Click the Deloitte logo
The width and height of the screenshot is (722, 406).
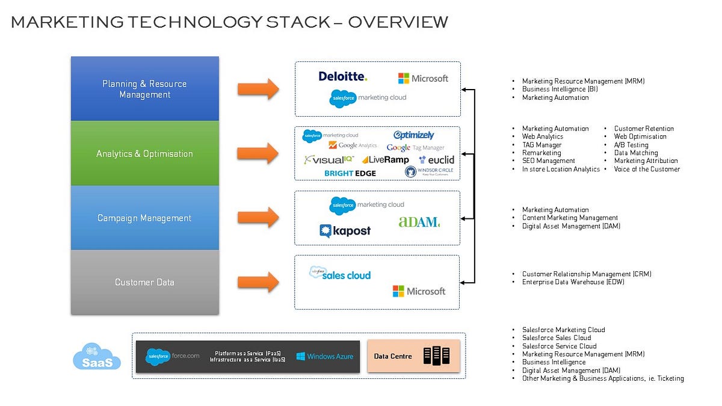click(x=342, y=76)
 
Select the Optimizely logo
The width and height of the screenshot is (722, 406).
click(x=413, y=135)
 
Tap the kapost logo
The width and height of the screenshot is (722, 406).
click(x=345, y=231)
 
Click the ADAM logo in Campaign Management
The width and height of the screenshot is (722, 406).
click(x=419, y=222)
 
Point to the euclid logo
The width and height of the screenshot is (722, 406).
click(x=437, y=160)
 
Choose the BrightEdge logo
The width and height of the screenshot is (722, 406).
click(x=350, y=173)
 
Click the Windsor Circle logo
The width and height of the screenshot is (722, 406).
click(x=429, y=172)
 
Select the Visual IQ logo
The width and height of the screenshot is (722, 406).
click(x=329, y=160)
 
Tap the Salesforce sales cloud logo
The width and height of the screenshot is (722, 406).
click(x=340, y=274)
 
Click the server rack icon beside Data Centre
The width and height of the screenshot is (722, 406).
click(x=436, y=356)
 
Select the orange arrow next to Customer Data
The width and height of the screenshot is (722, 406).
click(x=258, y=281)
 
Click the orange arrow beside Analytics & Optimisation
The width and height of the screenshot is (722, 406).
click(x=258, y=153)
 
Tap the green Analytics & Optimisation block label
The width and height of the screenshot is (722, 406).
click(x=144, y=154)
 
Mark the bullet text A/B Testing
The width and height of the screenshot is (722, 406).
click(x=631, y=145)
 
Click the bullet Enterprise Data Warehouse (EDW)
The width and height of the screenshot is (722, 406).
click(x=573, y=282)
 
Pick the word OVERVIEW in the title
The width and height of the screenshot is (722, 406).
click(x=398, y=22)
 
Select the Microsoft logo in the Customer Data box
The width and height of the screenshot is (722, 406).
click(x=419, y=291)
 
